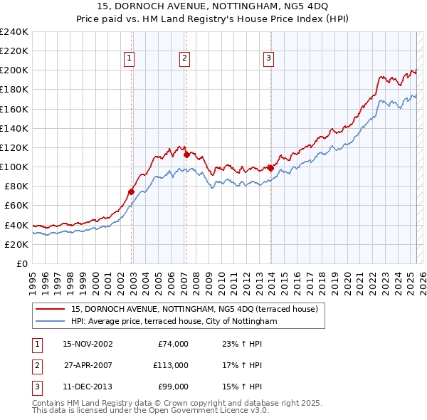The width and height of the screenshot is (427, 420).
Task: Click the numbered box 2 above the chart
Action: (x=184, y=58)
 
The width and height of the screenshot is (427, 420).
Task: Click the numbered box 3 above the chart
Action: (x=269, y=58)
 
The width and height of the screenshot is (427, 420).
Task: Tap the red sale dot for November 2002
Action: (x=132, y=191)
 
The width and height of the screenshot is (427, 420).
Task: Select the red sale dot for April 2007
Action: (x=186, y=154)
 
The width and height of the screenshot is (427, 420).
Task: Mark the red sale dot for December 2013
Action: (x=270, y=167)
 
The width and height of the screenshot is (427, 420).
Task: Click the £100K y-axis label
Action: (x=14, y=167)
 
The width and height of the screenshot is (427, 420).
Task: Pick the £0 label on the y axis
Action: (x=21, y=263)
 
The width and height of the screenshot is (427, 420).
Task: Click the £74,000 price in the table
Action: (x=172, y=344)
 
